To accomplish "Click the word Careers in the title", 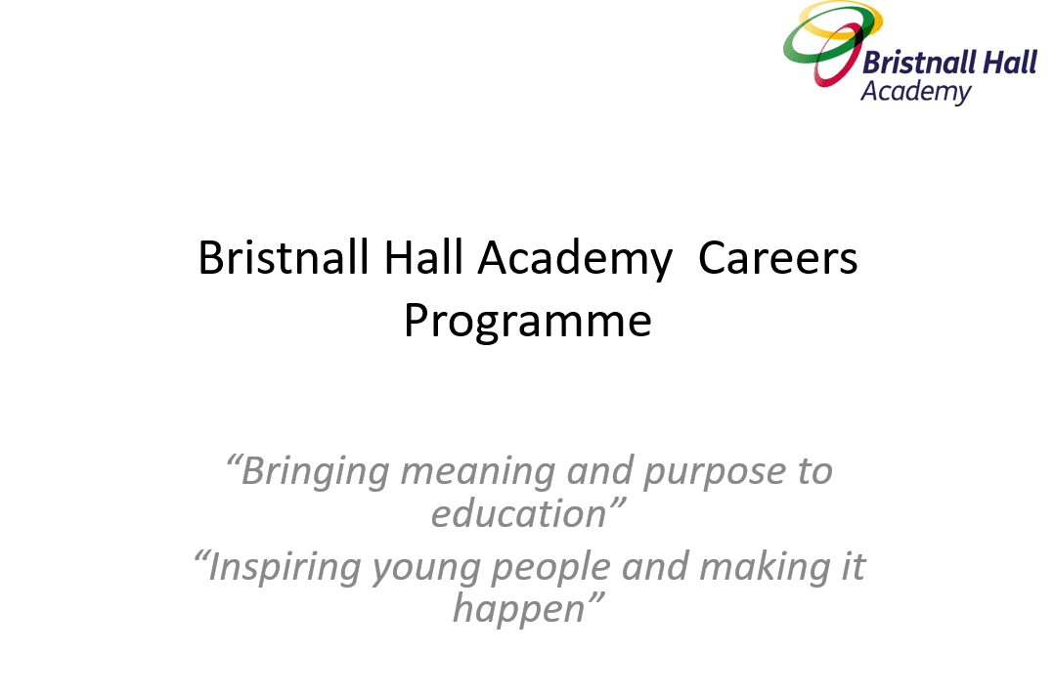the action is coord(777,258).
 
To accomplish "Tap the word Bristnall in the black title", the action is coord(283,257).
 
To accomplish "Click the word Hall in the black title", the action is coord(423,257).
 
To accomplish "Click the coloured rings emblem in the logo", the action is coord(832,43).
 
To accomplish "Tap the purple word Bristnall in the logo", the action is coord(919,64).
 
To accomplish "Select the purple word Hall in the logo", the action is coord(1010,63).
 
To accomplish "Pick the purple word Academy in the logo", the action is coord(916,93).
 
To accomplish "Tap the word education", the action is coord(519,514).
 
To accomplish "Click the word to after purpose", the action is coord(815,472).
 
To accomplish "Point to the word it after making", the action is coord(854,567).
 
